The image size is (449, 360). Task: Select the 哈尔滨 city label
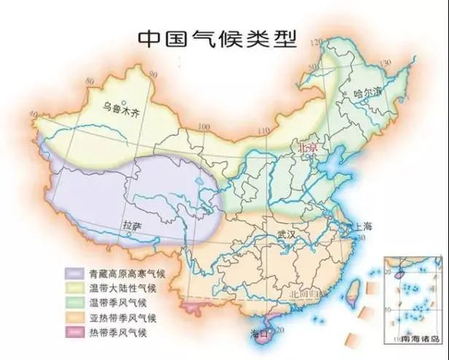(367, 93)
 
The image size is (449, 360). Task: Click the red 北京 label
(308, 147)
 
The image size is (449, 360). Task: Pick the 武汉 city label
(288, 235)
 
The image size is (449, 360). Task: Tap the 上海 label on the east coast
(362, 227)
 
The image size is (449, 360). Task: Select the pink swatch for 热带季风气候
(72, 333)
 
